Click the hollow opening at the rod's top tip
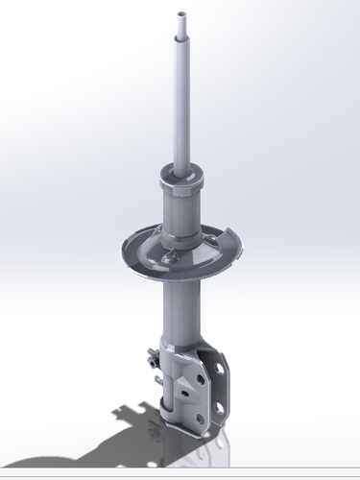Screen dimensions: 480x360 coord(181,12)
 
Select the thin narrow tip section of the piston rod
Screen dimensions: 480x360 coord(181,25)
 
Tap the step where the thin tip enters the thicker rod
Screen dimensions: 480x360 coord(181,37)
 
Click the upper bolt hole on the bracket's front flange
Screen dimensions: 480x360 coord(198,380)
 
